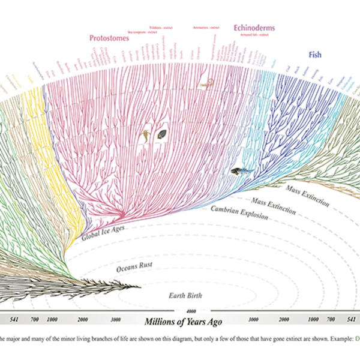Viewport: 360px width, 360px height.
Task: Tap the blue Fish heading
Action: click(315, 55)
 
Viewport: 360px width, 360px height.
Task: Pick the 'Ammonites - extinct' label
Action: click(206, 28)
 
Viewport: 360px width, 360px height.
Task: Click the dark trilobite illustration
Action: click(162, 136)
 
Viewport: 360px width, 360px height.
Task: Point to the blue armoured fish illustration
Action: click(238, 172)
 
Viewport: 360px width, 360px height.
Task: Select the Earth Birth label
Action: click(184, 295)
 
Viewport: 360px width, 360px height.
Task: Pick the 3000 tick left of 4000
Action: click(116, 319)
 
